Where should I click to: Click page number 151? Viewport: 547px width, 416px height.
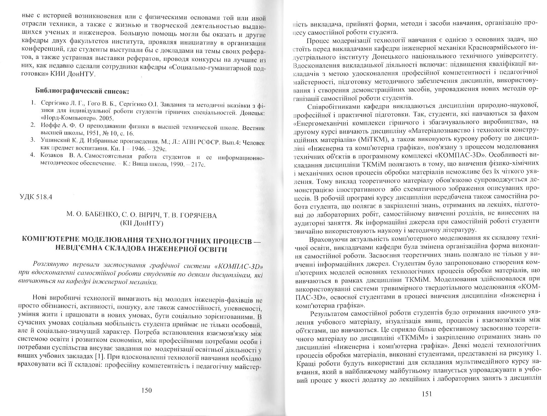(x=427, y=394)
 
